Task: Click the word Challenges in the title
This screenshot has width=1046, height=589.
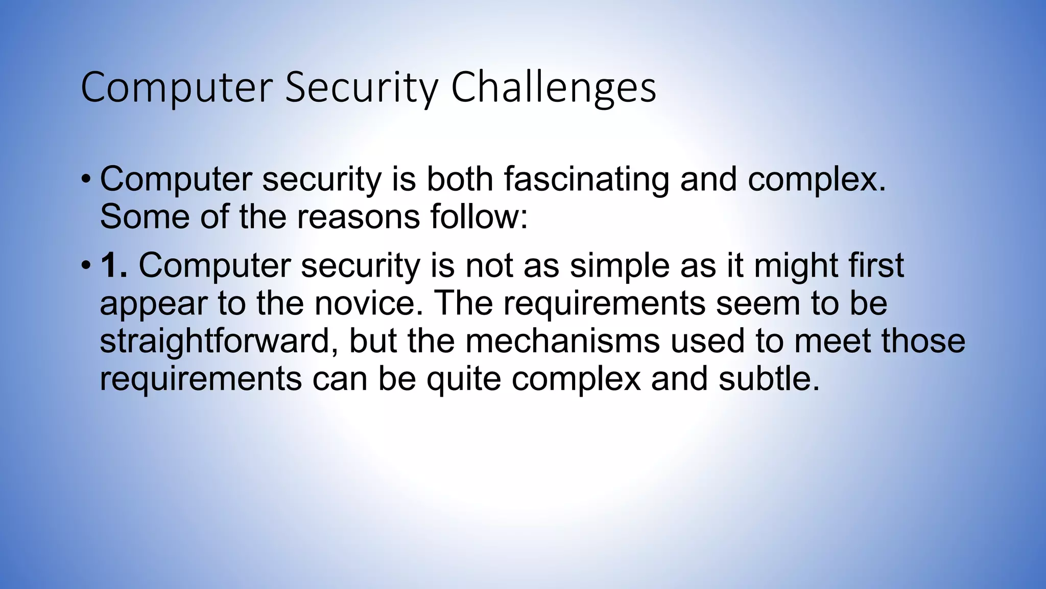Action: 553,88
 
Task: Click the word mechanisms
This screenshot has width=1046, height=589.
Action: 562,341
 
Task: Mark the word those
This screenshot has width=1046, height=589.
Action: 923,341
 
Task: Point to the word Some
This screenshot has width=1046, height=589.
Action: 145,217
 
